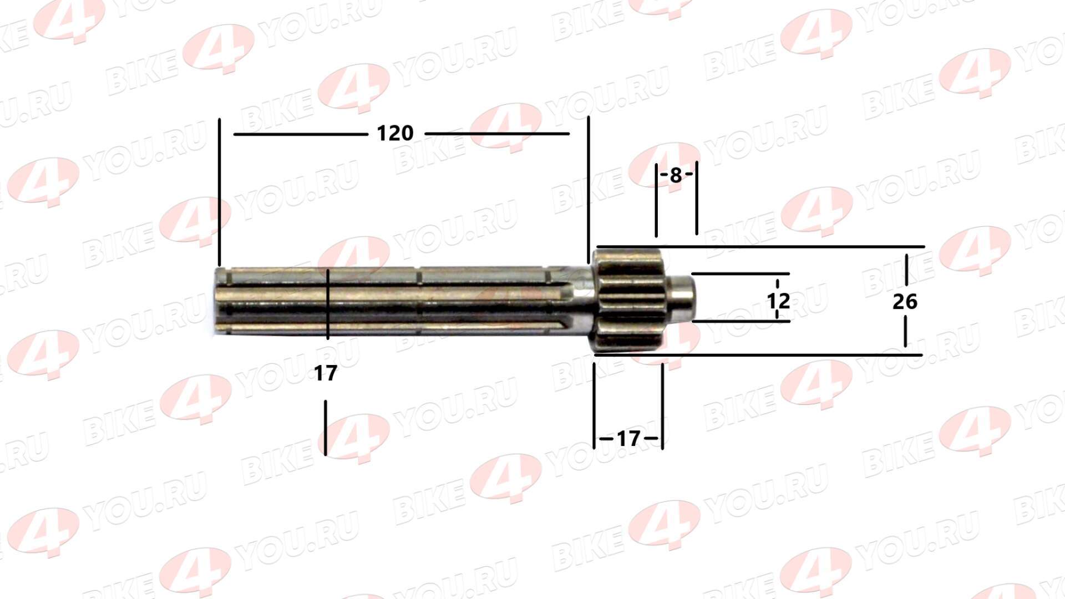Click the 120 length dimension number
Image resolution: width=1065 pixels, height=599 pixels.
pos(395,134)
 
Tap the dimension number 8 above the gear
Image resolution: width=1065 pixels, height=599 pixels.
pos(675,175)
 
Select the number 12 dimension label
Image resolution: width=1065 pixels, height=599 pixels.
pos(778,301)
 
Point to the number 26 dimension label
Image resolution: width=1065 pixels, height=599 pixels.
pos(905,302)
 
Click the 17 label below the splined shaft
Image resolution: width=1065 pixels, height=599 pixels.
pos(325,373)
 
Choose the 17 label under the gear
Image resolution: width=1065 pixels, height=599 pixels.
pos(628,439)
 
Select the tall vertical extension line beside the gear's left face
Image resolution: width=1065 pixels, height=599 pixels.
pos(589,189)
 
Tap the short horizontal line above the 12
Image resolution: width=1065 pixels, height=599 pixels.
pos(741,273)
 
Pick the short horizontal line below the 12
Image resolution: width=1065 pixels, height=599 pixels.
pos(741,321)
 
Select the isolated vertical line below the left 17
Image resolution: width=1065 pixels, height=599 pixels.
pos(326,427)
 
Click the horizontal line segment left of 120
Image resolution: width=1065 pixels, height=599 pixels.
pos(300,134)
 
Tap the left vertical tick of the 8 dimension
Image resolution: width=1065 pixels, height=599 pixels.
pos(656,200)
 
